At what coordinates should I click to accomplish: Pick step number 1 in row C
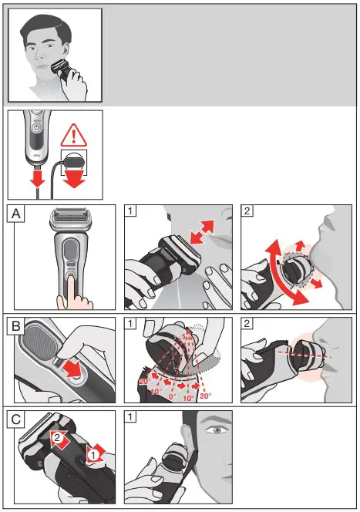[x=132, y=419]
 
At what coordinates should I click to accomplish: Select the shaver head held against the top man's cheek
[x=63, y=76]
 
